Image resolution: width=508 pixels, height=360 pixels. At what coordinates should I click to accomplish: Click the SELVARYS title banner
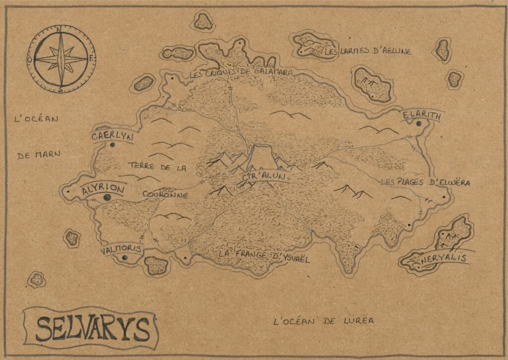[x=92, y=328]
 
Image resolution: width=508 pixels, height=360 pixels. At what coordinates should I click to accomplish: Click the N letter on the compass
[x=60, y=30]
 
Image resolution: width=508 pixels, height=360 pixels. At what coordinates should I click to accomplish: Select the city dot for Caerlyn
[x=113, y=145]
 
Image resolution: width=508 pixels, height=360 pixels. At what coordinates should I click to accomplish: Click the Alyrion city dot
[x=107, y=198]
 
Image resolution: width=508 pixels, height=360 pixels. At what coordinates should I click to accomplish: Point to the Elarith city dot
[x=420, y=124]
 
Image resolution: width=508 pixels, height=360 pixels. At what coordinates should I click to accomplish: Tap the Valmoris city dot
[x=124, y=258]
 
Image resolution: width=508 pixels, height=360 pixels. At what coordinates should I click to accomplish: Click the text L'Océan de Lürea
[x=323, y=321]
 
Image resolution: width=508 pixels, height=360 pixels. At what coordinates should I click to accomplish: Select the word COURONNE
[x=165, y=195]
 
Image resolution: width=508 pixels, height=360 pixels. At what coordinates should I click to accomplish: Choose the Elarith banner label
[x=422, y=116]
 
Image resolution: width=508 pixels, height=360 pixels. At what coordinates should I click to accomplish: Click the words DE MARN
[x=38, y=155]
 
